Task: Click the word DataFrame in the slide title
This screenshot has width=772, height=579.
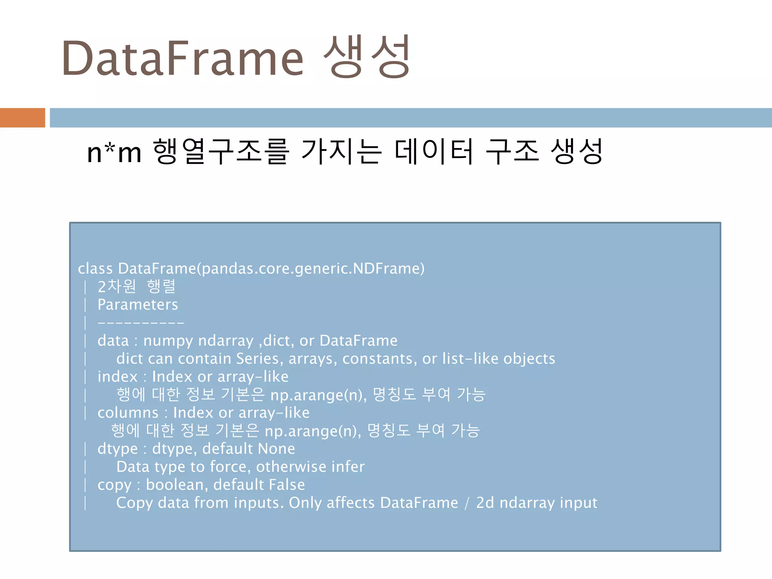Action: click(x=183, y=58)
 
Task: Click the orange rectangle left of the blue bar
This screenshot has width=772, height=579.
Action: click(x=22, y=118)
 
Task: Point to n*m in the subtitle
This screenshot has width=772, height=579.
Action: click(x=114, y=153)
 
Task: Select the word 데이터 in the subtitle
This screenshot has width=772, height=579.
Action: click(x=434, y=152)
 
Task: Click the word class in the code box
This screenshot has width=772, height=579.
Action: click(x=95, y=268)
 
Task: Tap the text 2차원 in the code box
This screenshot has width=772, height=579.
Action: click(x=116, y=286)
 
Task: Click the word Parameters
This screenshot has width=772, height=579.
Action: click(x=138, y=305)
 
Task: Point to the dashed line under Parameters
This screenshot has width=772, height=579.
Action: click(x=141, y=323)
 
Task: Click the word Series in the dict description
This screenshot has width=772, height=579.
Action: click(x=257, y=358)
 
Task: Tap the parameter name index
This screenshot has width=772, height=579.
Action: click(x=117, y=377)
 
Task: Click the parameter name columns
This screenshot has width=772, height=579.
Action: click(x=128, y=413)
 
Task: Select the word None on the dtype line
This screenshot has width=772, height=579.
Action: click(x=276, y=449)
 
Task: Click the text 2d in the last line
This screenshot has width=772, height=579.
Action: click(x=485, y=503)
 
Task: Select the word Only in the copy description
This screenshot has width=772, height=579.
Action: click(x=305, y=503)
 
